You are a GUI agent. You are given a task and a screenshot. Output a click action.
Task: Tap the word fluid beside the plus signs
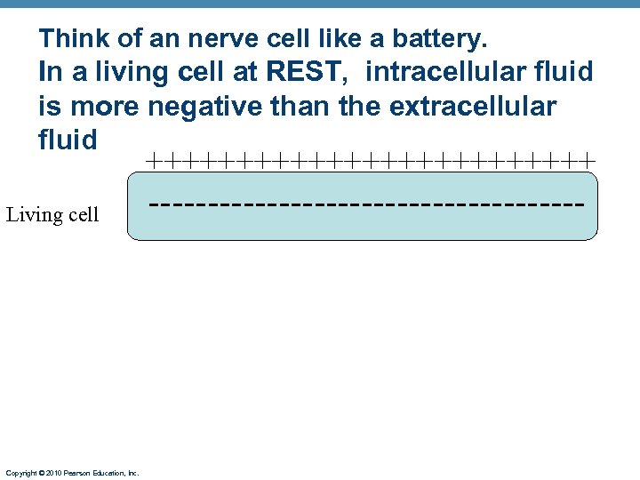click(68, 140)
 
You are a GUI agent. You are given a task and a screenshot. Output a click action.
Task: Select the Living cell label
click(52, 215)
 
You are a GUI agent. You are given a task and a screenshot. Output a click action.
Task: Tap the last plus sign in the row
click(587, 161)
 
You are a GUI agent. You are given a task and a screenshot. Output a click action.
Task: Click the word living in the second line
click(110, 72)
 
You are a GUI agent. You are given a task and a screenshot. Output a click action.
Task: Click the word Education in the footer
click(104, 474)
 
